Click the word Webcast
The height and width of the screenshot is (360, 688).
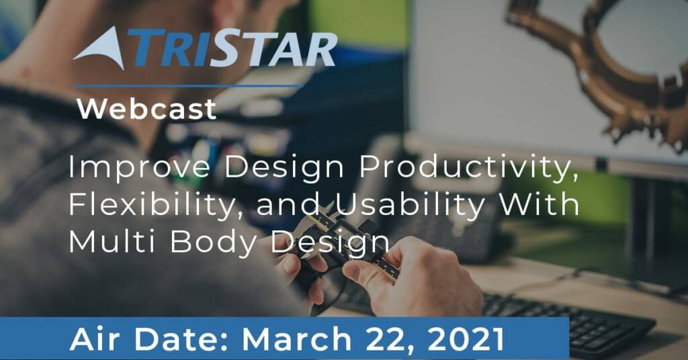146,109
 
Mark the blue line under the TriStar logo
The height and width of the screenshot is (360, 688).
188,86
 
